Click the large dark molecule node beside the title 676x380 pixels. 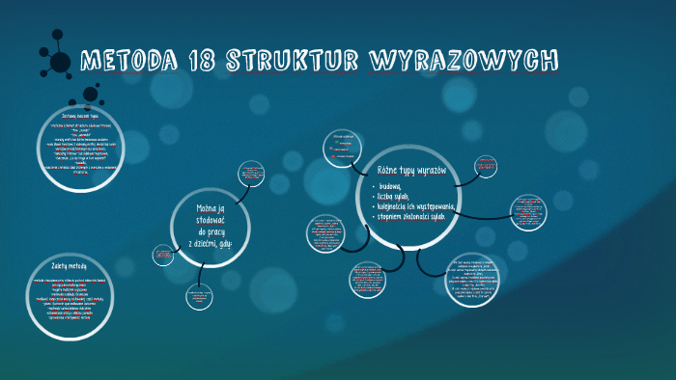60,63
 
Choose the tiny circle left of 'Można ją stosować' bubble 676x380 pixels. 163,255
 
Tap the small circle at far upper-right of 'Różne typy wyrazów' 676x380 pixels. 487,166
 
